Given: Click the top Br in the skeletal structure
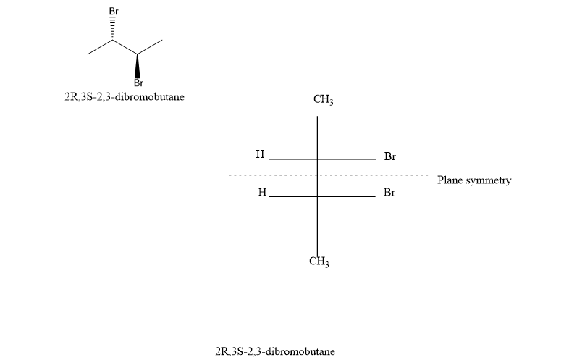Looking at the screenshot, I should tap(114, 12).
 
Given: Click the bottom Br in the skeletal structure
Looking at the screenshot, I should tap(138, 83).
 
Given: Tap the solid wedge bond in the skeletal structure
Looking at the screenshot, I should tap(137, 65).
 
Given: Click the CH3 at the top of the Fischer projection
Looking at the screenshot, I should tap(323, 100).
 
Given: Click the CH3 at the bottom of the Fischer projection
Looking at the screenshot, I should tap(319, 261).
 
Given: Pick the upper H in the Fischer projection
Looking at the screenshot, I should tap(260, 154).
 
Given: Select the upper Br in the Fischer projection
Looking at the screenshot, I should tap(389, 156).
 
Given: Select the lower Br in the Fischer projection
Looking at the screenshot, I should tap(389, 193).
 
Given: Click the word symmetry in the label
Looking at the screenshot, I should tap(488, 180).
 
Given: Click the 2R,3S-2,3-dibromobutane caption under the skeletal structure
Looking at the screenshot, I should tap(124, 96).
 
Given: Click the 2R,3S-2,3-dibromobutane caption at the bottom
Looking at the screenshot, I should tap(274, 351).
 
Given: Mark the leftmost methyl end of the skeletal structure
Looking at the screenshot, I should tap(88, 53).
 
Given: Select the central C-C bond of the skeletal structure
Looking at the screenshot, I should tap(125, 47).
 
